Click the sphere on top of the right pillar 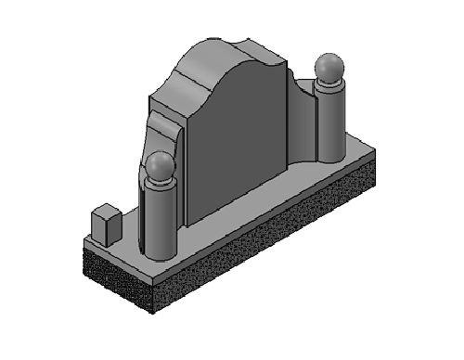tap(329, 68)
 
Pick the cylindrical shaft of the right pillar tap(330, 125)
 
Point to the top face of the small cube tap(105, 212)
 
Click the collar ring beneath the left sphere tap(160, 186)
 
